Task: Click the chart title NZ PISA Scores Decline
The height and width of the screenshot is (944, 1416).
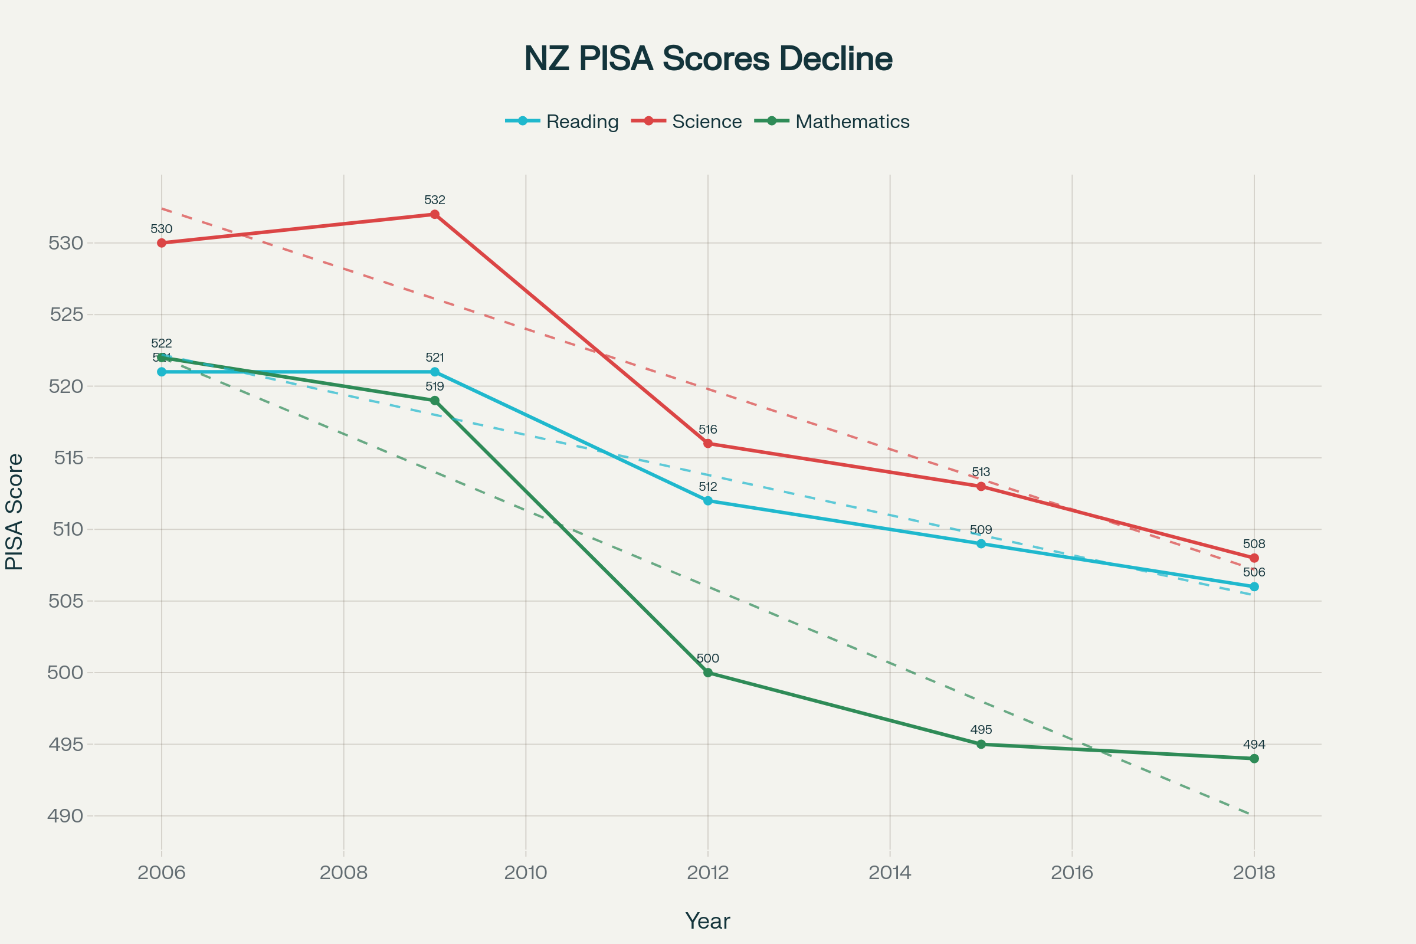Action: [x=708, y=59]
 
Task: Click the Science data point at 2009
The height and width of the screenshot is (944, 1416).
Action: [x=435, y=214]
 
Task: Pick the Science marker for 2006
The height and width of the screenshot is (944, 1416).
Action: [x=161, y=242]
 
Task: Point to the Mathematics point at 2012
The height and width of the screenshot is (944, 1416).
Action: [x=708, y=673]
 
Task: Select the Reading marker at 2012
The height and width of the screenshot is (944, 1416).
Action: [x=708, y=501]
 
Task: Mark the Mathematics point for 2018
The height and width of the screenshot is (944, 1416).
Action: [x=1254, y=759]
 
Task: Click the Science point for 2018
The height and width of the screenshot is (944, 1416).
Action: [x=1254, y=558]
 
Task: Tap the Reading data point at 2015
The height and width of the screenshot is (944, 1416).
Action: [x=981, y=543]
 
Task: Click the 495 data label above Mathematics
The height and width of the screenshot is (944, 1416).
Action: [x=981, y=730]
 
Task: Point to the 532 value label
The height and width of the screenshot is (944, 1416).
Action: [x=435, y=200]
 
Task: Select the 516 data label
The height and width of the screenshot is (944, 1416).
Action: [x=708, y=430]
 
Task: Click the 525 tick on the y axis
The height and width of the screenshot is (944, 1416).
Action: [x=66, y=314]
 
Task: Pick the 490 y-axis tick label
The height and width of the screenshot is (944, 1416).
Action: [x=66, y=816]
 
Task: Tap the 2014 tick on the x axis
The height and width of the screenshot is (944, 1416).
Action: [x=890, y=873]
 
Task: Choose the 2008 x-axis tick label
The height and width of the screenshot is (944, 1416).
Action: [x=344, y=873]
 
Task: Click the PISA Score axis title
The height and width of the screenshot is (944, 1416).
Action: [x=14, y=512]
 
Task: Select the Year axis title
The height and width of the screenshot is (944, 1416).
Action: [x=708, y=921]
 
